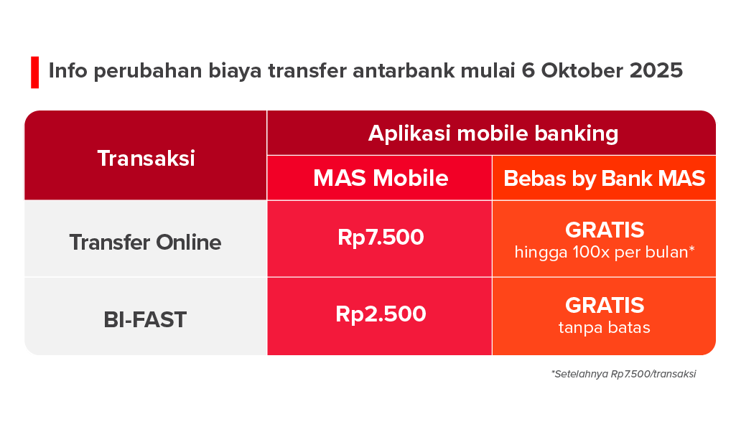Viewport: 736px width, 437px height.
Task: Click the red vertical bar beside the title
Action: [34, 72]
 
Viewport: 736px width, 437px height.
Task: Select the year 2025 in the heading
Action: [656, 72]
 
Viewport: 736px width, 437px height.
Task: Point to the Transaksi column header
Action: [146, 158]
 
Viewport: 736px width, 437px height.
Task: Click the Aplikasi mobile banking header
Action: [493, 133]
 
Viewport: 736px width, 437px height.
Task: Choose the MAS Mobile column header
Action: [381, 178]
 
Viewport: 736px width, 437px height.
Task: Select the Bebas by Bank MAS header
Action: [605, 178]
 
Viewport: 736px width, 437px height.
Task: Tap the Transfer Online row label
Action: [145, 242]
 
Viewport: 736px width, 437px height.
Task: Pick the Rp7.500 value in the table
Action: [381, 238]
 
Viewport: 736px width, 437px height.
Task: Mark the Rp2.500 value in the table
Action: [381, 314]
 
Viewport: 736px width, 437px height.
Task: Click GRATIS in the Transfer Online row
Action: [605, 230]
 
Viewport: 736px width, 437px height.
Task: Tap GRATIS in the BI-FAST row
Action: [605, 306]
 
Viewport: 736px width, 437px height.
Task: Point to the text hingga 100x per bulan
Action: [605, 252]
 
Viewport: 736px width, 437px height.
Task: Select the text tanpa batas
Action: [605, 329]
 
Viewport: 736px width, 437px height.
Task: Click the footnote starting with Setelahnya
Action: [623, 374]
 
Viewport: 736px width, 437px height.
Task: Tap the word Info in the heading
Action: [68, 72]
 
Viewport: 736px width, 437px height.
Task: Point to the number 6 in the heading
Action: [529, 72]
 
